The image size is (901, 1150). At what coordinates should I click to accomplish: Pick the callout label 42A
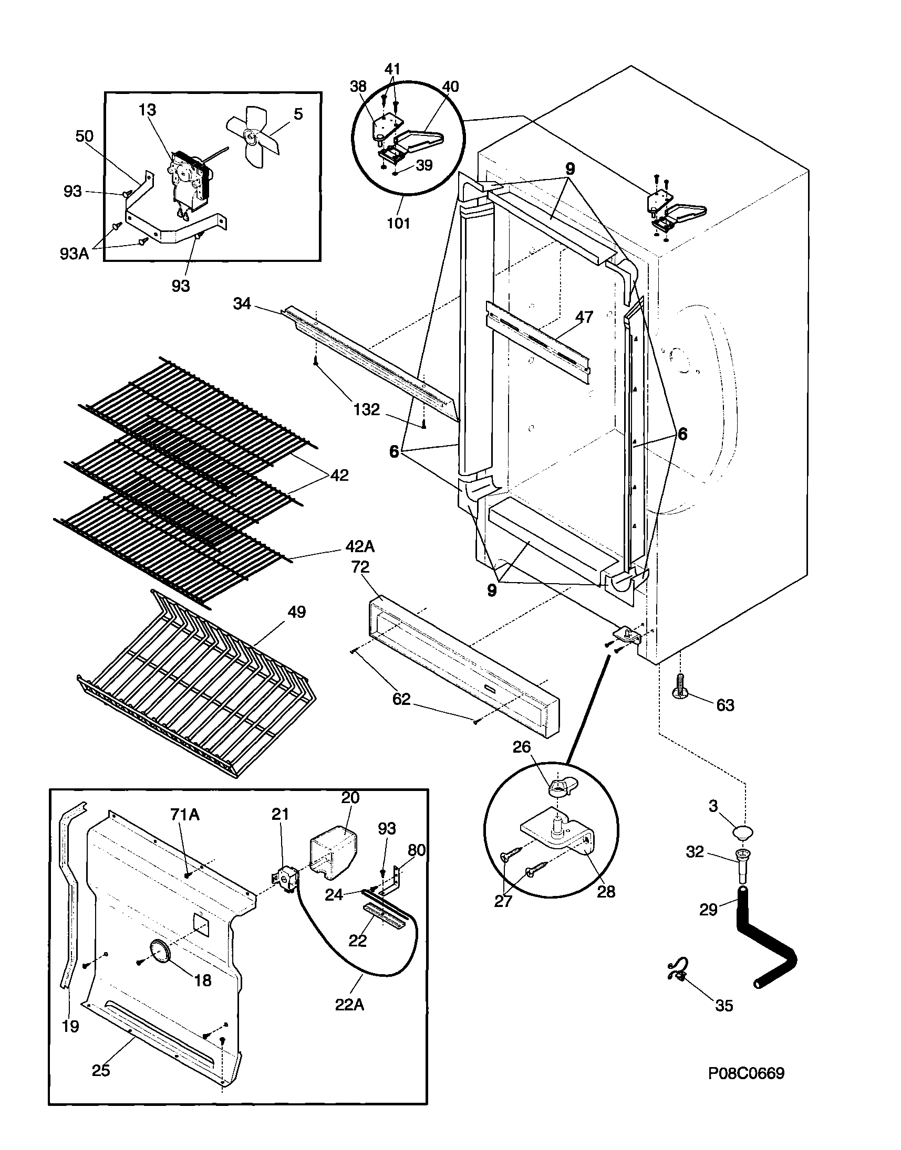pyautogui.click(x=360, y=546)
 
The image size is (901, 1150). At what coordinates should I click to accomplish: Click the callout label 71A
pyautogui.click(x=184, y=815)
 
